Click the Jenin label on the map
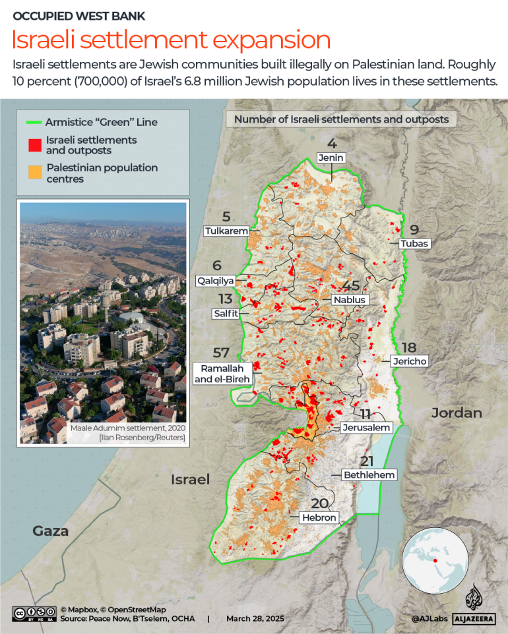(331, 158)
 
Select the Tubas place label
(414, 244)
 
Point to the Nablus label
(349, 300)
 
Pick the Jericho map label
(409, 361)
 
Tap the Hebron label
(319, 518)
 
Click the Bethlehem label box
(368, 475)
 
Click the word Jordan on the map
(457, 413)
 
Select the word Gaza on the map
(51, 531)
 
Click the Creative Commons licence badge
(33, 614)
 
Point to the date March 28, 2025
(255, 619)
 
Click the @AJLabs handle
(429, 619)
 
